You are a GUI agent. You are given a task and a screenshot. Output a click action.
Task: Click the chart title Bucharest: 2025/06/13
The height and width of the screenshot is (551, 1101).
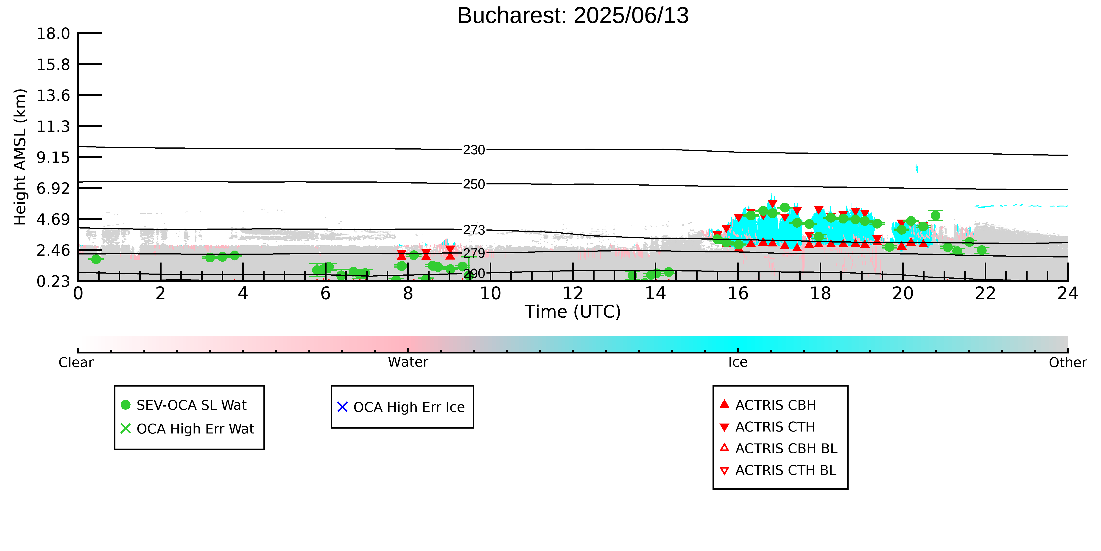pos(573,16)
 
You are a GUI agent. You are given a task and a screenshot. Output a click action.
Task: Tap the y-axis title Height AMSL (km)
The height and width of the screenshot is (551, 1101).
pos(20,157)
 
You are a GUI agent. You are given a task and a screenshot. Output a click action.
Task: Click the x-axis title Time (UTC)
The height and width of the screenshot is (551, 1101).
pos(573,312)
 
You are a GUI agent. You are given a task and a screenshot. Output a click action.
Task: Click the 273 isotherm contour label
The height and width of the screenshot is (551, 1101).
pos(474,230)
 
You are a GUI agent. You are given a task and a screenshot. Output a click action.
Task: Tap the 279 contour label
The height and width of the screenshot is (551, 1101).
pos(474,253)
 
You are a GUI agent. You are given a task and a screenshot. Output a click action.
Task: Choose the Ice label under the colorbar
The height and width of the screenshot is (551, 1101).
pos(738,362)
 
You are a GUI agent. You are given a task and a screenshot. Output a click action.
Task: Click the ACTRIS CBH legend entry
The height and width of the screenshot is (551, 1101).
pos(768,405)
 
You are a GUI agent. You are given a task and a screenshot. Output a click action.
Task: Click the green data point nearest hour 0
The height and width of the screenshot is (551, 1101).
pos(96,259)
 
